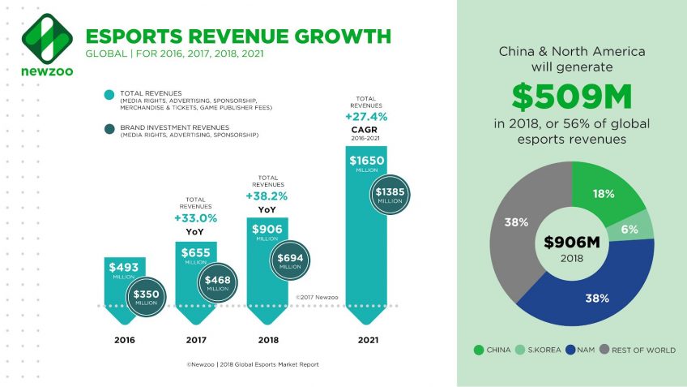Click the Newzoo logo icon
(41, 38)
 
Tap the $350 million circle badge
(146, 295)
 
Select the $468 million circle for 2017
(217, 282)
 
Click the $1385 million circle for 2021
(392, 195)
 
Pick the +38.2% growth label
(267, 196)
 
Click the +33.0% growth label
(194, 217)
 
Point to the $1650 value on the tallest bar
(366, 161)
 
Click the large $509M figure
(572, 98)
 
